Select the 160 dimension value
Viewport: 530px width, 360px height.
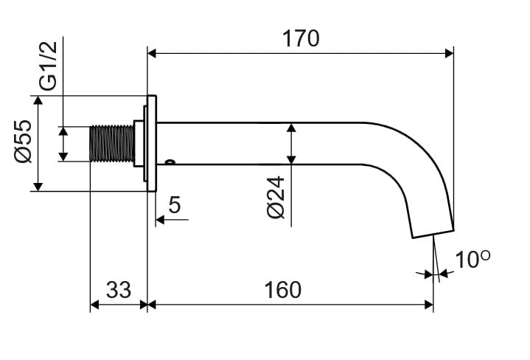click(282, 290)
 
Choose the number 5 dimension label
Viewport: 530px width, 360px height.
click(174, 204)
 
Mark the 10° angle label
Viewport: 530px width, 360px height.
click(472, 260)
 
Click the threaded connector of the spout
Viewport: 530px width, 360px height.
click(111, 143)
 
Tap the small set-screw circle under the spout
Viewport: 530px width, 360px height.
click(170, 163)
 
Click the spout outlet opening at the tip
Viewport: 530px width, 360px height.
click(431, 233)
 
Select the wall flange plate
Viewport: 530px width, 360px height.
click(151, 143)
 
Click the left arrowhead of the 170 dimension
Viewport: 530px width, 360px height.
click(152, 52)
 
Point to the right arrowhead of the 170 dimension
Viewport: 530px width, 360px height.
click(449, 52)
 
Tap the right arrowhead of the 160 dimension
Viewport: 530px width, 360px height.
click(429, 303)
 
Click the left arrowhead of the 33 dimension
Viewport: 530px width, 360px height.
click(94, 303)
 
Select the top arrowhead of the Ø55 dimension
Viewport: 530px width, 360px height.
click(38, 100)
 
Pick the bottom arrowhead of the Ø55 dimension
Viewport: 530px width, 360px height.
click(38, 186)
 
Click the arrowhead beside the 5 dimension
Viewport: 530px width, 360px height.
click(160, 219)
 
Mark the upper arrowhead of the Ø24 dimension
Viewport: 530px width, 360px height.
click(291, 128)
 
